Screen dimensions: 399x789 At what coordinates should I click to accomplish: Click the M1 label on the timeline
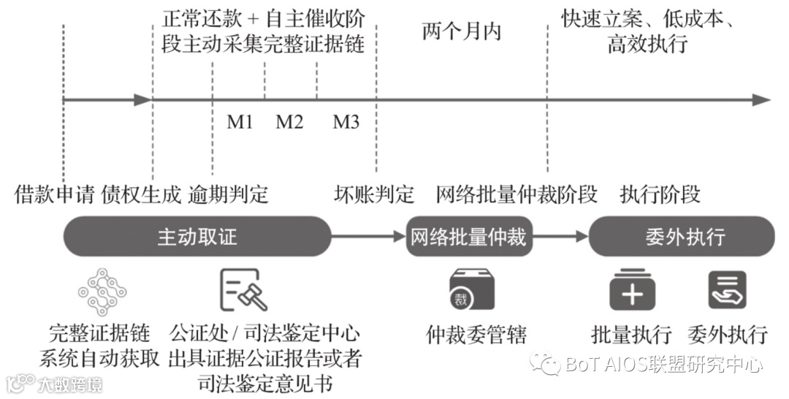click(240, 121)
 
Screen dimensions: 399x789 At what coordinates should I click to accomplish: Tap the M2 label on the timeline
click(289, 121)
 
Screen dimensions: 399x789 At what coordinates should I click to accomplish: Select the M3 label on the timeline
click(346, 121)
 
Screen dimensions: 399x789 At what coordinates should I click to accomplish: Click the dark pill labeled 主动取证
click(197, 237)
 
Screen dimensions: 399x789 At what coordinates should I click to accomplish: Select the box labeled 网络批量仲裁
click(469, 237)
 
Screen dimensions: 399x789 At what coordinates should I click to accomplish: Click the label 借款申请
click(55, 194)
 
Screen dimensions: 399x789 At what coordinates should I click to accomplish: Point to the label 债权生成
click(140, 194)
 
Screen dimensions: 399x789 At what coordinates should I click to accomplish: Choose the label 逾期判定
click(229, 194)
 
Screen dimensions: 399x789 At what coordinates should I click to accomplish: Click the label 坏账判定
click(374, 194)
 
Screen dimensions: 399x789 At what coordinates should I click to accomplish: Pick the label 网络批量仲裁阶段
click(517, 194)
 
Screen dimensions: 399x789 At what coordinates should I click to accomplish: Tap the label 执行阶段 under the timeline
click(660, 194)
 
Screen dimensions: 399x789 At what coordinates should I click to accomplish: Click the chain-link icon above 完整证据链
click(102, 292)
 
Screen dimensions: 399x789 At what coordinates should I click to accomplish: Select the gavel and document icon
click(243, 290)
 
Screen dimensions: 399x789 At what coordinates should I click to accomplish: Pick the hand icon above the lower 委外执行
click(727, 290)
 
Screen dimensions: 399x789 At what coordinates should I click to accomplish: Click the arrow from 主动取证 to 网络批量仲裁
click(368, 237)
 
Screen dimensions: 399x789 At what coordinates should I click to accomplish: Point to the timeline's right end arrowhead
click(762, 100)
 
